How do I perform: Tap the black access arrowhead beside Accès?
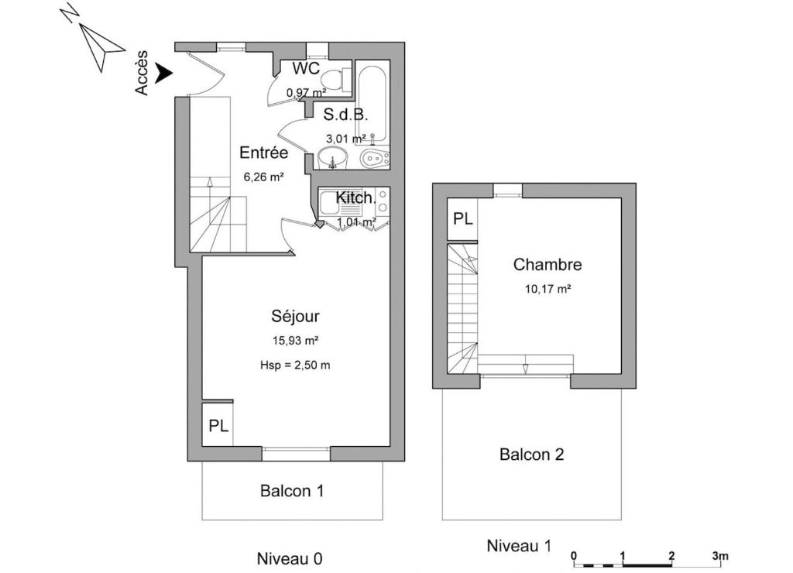click(x=164, y=73)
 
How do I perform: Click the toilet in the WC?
click(x=337, y=79)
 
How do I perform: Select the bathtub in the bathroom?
click(x=372, y=102)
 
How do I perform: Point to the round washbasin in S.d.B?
click(x=332, y=158)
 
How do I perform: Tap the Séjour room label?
click(x=295, y=316)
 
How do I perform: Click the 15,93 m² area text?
click(x=295, y=341)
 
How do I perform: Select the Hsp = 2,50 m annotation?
click(x=295, y=365)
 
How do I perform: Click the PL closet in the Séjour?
click(x=218, y=425)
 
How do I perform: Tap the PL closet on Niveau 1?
click(x=463, y=218)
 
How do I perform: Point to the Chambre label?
click(x=548, y=264)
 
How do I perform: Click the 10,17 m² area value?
click(x=548, y=289)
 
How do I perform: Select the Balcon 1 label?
click(x=292, y=491)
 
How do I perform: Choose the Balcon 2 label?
click(x=531, y=455)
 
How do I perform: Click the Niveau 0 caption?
click(x=290, y=559)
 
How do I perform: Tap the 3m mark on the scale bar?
click(x=720, y=556)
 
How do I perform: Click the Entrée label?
click(x=263, y=153)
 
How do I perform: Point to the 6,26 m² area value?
click(x=263, y=177)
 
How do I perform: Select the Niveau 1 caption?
click(x=519, y=546)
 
